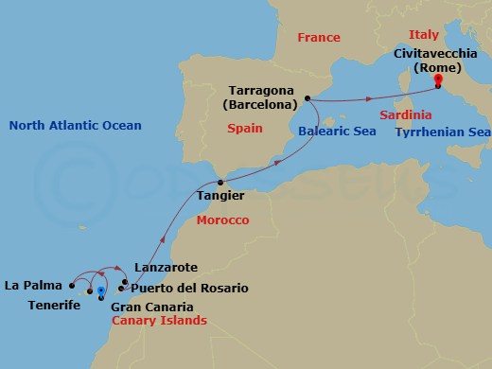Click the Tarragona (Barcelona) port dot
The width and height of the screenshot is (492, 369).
click(308, 97)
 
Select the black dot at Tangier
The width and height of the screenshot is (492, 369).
click(220, 181)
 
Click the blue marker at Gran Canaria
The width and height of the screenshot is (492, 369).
click(100, 292)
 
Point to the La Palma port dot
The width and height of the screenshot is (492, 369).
click(73, 284)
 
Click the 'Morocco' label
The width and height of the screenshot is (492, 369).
click(221, 220)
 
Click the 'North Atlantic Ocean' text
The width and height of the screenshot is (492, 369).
click(75, 126)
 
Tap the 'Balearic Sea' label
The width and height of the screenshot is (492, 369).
click(331, 132)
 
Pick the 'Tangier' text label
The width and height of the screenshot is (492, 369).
click(221, 196)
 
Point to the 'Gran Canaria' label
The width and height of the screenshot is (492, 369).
click(152, 307)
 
